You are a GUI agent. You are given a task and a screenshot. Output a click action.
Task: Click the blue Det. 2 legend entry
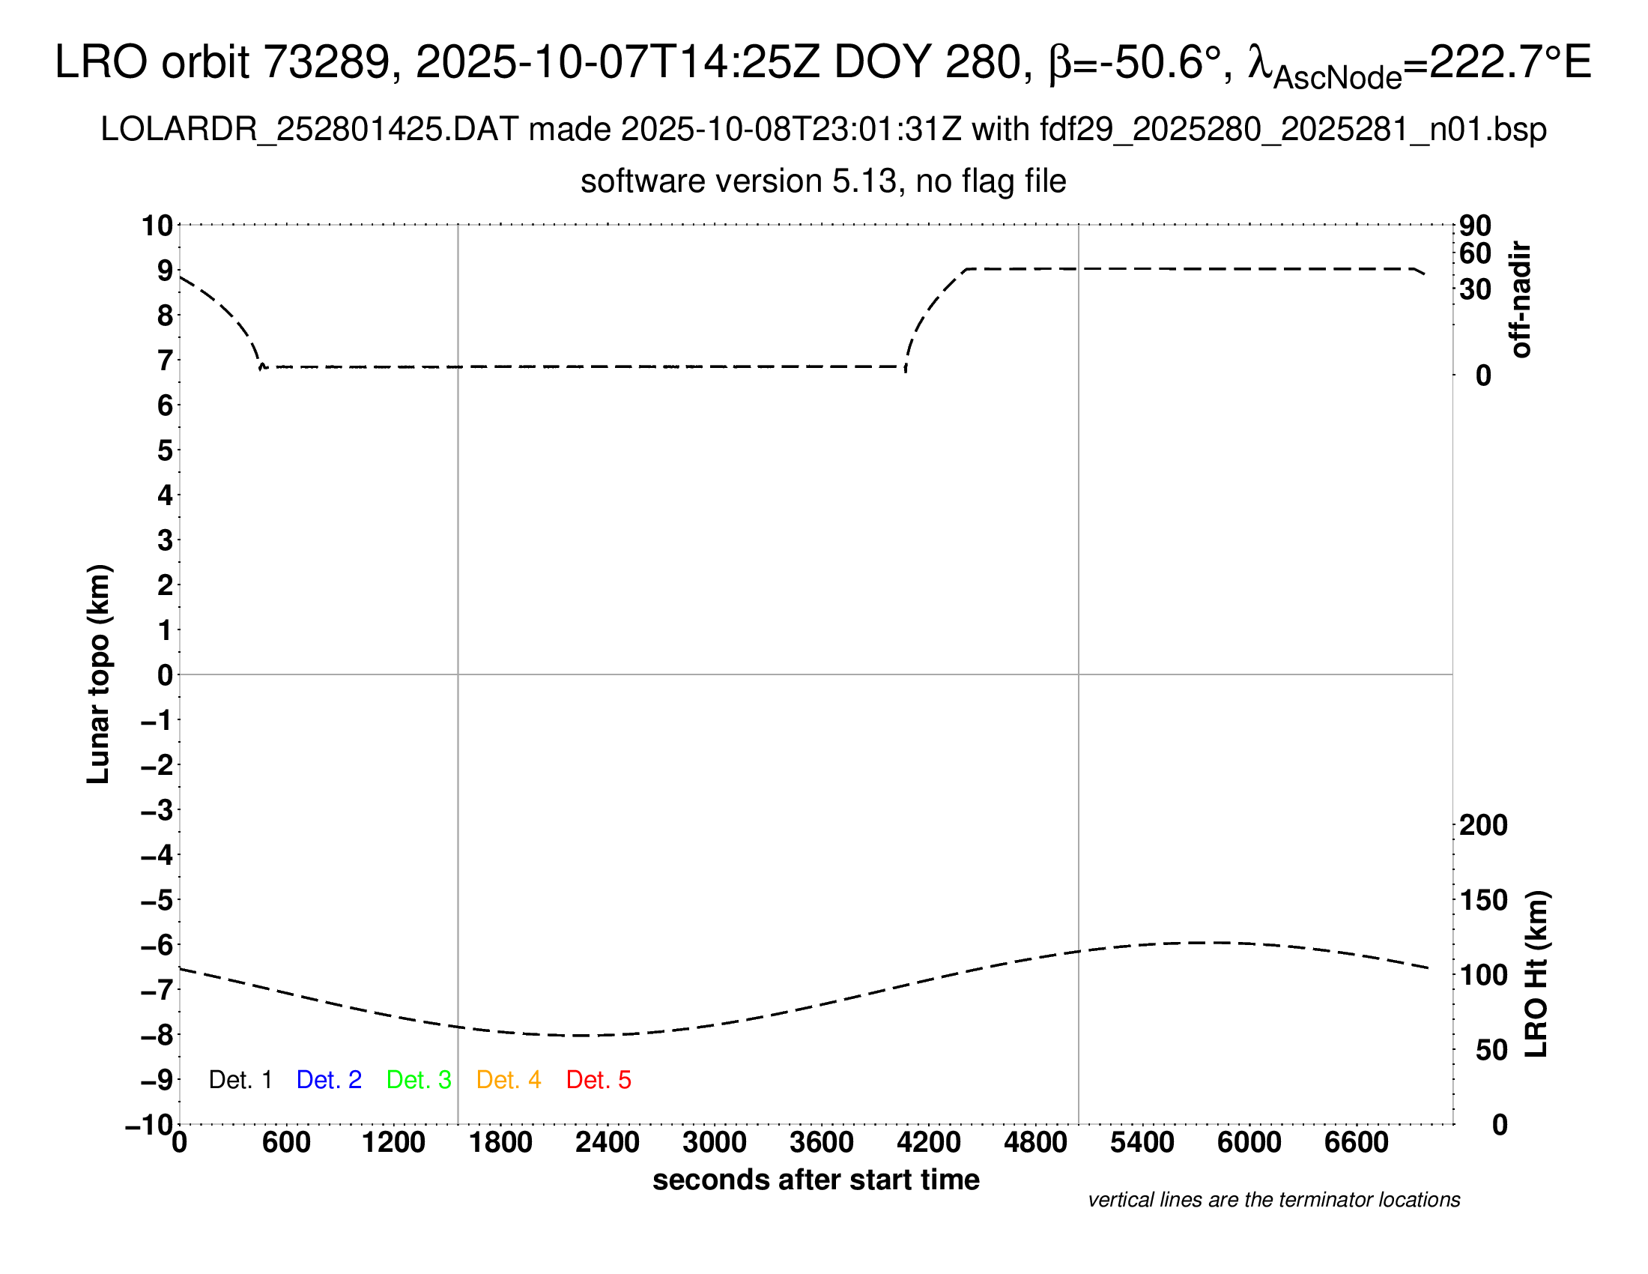pos(329,1080)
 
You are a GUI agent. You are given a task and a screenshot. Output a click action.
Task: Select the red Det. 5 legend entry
pos(599,1080)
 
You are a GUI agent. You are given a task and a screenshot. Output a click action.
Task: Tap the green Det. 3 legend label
pos(419,1080)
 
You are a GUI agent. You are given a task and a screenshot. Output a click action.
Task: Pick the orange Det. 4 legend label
pos(509,1080)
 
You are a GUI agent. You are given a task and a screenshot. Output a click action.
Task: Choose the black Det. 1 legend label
pos(240,1080)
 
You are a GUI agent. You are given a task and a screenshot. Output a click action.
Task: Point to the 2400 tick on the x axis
pos(608,1143)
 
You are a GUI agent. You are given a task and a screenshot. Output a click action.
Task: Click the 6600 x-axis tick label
pos(1356,1143)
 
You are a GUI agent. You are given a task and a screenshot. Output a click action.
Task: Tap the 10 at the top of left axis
pos(158,226)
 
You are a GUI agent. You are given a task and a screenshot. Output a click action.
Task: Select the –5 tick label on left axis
pos(157,900)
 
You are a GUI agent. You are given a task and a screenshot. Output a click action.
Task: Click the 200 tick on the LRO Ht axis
pos(1483,825)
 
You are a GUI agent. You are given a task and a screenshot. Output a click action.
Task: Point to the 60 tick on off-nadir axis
pos(1475,253)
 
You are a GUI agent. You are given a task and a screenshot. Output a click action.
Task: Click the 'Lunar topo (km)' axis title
pos(99,674)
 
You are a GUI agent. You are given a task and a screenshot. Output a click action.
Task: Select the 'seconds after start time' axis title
pos(816,1180)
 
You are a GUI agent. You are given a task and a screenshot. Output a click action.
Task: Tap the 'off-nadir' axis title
pos(1521,300)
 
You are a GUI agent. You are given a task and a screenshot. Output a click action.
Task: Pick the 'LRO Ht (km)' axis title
pos(1536,974)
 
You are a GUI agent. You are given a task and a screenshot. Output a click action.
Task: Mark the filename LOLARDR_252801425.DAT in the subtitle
pos(309,130)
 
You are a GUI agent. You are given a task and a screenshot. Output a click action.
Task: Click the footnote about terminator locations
pos(1273,1200)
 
